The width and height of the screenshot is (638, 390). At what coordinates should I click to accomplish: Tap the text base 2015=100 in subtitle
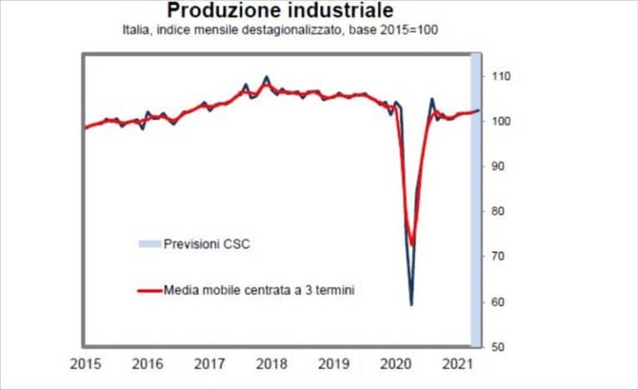(398, 31)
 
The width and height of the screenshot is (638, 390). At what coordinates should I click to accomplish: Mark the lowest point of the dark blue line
(411, 304)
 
